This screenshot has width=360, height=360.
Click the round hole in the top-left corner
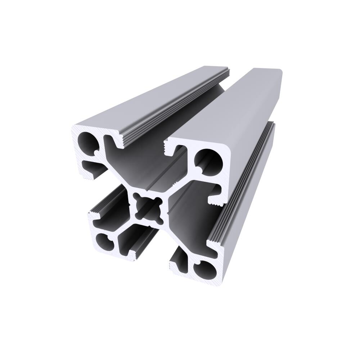(x=89, y=142)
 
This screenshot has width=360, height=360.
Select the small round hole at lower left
(x=104, y=242)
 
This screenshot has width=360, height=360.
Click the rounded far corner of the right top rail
(x=279, y=72)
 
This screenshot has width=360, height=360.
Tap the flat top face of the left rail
(x=151, y=97)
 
